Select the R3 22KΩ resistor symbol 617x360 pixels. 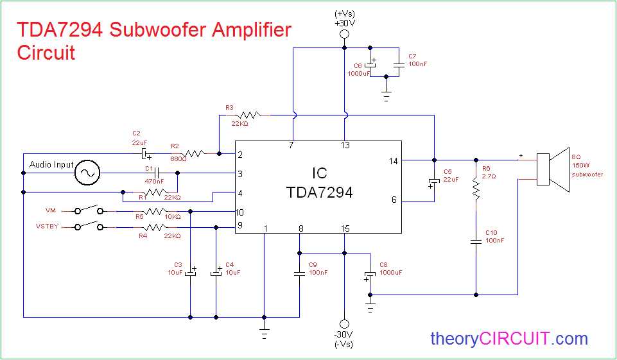point(250,115)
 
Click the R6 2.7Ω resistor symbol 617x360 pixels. point(476,191)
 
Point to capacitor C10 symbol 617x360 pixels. point(476,241)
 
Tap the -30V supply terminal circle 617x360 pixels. point(344,324)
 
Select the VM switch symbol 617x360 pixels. point(89,210)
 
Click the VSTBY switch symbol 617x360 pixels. point(89,226)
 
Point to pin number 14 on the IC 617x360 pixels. point(393,160)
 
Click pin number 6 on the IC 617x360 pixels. point(394,200)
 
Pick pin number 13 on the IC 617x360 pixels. point(345,146)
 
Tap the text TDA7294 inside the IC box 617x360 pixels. point(318,192)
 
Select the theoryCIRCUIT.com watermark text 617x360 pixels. point(508,338)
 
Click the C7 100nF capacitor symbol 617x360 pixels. point(399,64)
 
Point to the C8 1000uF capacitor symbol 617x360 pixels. point(370,277)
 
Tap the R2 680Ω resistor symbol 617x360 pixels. point(194,153)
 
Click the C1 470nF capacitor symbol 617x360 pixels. point(156,173)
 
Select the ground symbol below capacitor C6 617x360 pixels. point(385,96)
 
